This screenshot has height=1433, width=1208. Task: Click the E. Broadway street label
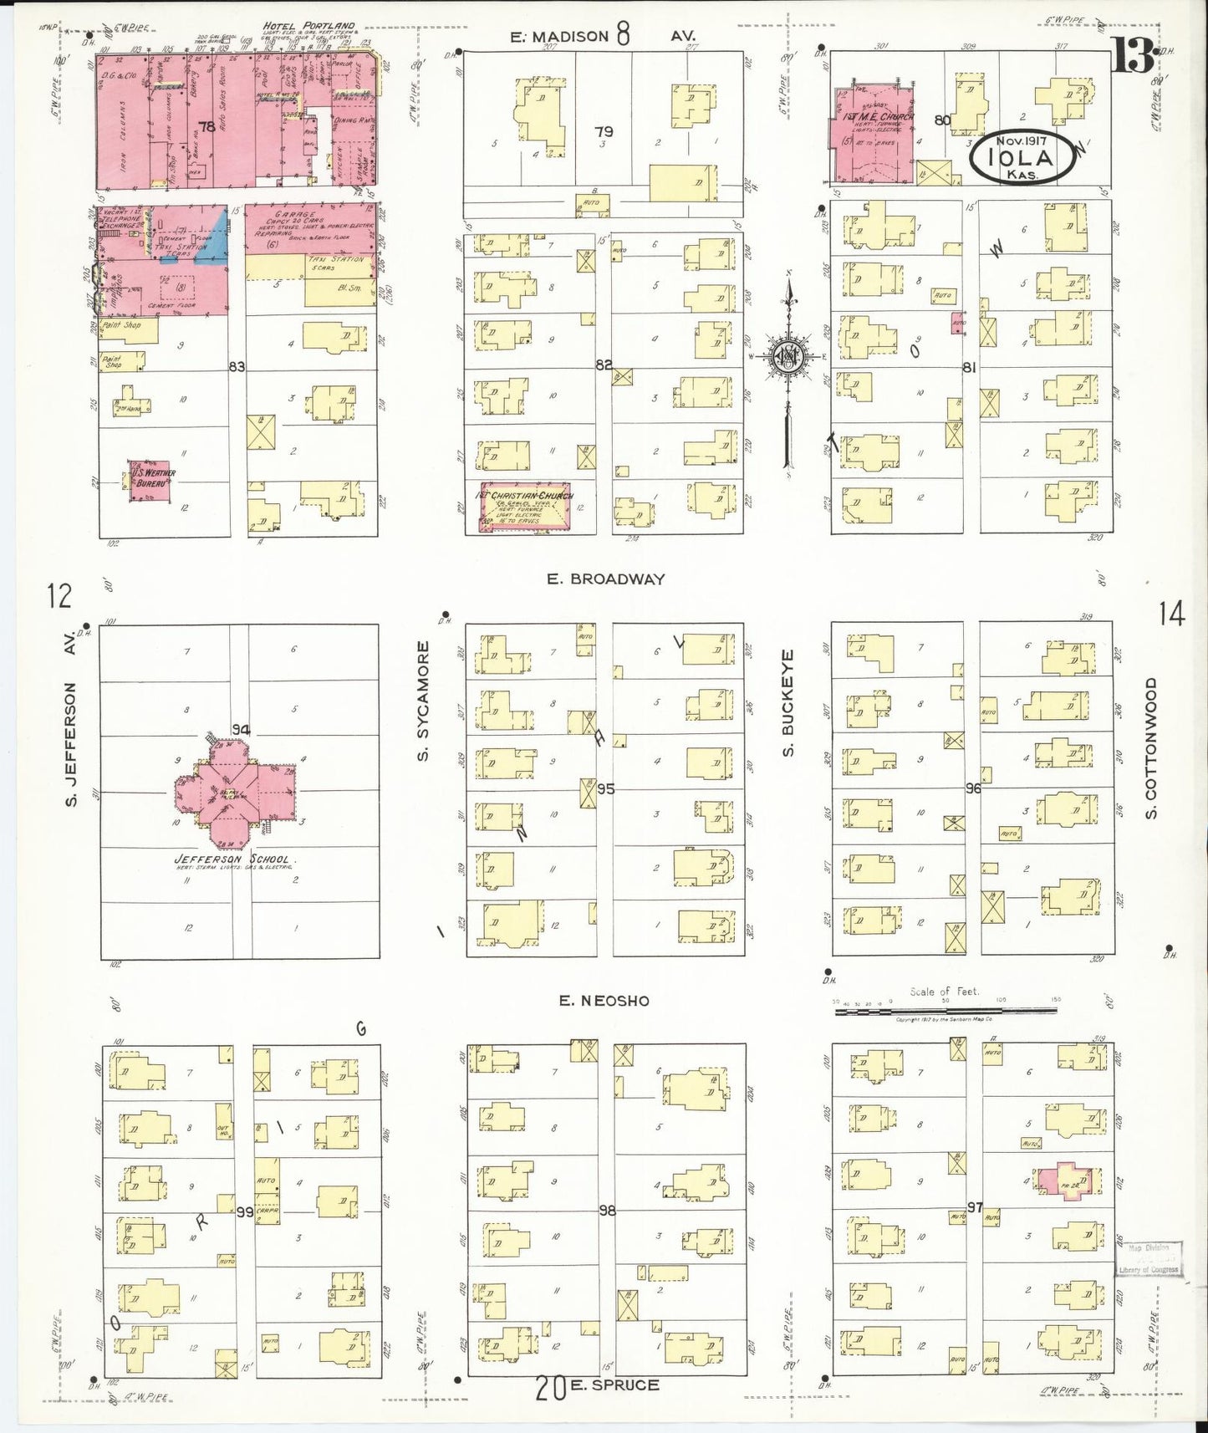pos(606,579)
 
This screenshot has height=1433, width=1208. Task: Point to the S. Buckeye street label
pos(787,704)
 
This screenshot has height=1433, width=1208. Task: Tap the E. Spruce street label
pos(614,1385)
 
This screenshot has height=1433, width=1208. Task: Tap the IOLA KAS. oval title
pos(1021,156)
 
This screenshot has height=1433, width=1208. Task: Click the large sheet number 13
pos(1133,60)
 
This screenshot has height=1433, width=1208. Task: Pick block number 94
pos(242,729)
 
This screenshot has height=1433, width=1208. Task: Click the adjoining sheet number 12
pos(59,597)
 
